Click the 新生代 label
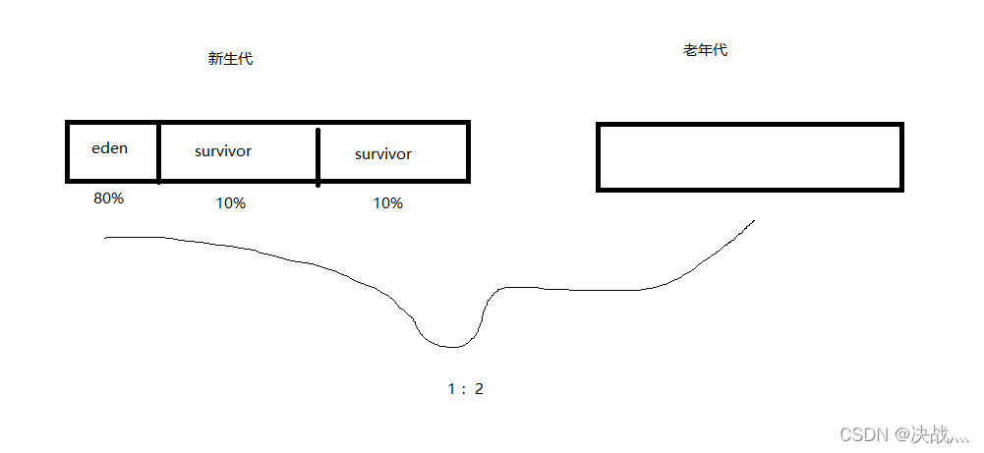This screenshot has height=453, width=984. click(x=230, y=59)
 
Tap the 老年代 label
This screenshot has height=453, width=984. click(x=705, y=50)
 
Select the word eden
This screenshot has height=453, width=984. click(x=110, y=148)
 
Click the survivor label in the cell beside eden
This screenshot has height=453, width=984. click(x=223, y=151)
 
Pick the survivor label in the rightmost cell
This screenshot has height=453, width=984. click(x=383, y=154)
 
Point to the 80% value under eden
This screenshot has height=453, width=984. click(x=108, y=198)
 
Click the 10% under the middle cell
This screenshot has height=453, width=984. click(x=230, y=203)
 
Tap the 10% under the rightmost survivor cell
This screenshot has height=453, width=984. click(x=387, y=203)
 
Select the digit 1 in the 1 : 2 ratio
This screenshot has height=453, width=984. click(x=451, y=389)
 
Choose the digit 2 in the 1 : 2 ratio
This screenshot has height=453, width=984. click(x=479, y=389)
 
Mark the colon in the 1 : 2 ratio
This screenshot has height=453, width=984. click(x=464, y=390)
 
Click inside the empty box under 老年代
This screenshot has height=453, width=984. click(x=749, y=157)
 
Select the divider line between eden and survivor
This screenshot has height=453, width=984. click(x=158, y=152)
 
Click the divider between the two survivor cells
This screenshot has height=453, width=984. click(x=318, y=155)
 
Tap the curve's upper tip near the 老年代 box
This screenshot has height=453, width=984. click(x=754, y=220)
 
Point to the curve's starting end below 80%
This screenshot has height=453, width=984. click(x=106, y=238)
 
